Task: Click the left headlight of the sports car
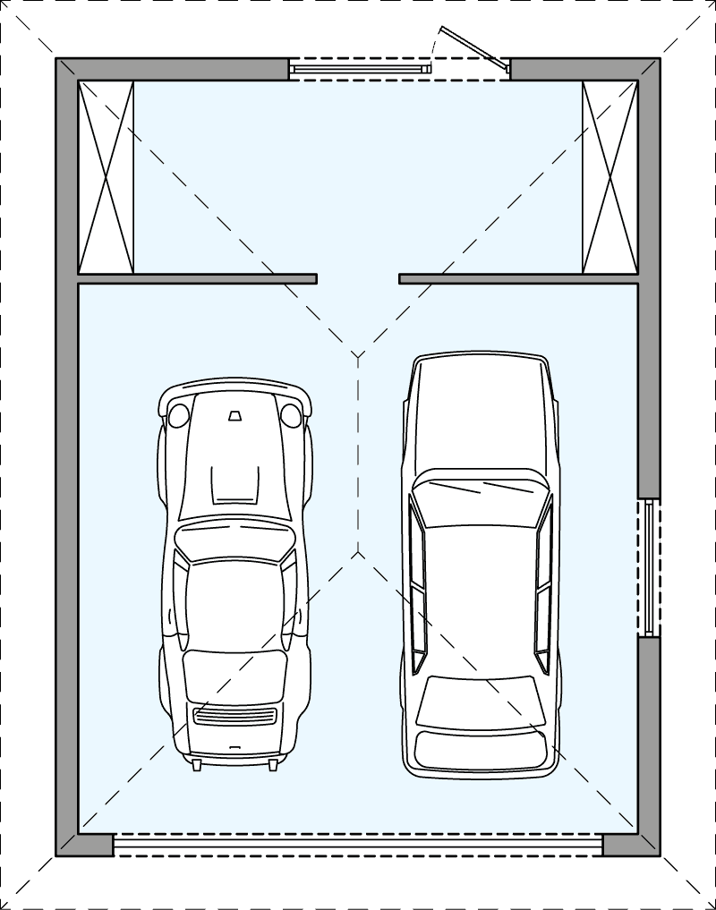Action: pos(179,414)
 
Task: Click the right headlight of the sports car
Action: pos(290,414)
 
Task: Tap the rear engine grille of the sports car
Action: pos(234,715)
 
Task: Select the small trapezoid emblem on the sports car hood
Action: pos(234,415)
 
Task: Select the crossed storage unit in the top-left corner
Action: pos(106,177)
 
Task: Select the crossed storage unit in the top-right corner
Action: pos(609,177)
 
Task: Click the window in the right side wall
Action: pos(649,567)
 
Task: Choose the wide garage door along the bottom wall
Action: pos(358,845)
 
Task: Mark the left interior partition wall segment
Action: pos(197,279)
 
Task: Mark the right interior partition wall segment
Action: pos(519,279)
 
